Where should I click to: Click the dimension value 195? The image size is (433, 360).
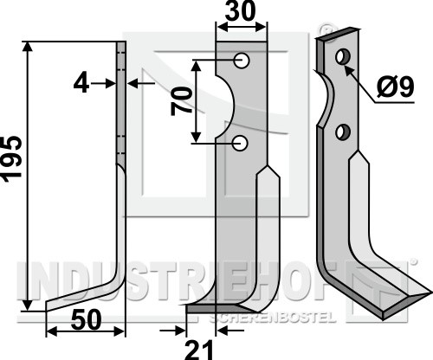pos(12,159)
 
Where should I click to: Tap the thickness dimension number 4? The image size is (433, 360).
pos(81,84)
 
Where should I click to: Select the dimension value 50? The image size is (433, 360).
pos(87,319)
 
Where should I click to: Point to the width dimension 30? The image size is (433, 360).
pos(241,11)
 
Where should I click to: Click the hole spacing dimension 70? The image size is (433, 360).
pos(182,101)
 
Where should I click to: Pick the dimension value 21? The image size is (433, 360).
pos(199,350)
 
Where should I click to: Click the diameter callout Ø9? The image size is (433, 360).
pos(396,87)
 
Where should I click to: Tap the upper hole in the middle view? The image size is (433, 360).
pos(242,61)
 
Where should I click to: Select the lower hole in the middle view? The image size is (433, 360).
pos(240,143)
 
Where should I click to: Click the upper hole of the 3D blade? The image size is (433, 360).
pos(343,57)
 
